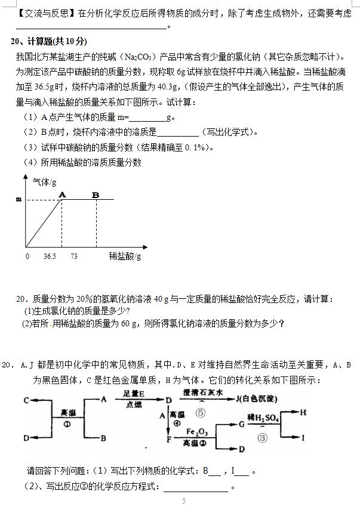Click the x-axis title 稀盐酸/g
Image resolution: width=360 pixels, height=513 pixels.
point(125,256)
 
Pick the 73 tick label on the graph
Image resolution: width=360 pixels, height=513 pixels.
point(74,256)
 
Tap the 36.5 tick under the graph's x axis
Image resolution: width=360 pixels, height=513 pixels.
point(50,256)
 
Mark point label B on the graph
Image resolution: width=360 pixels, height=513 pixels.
point(96,194)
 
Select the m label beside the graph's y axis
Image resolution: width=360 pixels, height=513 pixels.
point(19,200)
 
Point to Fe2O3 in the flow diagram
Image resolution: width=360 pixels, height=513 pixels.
point(196,431)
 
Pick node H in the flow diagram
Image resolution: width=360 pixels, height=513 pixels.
point(303,411)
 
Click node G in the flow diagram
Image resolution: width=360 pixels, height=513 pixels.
point(241,424)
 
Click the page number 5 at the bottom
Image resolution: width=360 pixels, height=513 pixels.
point(184,500)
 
